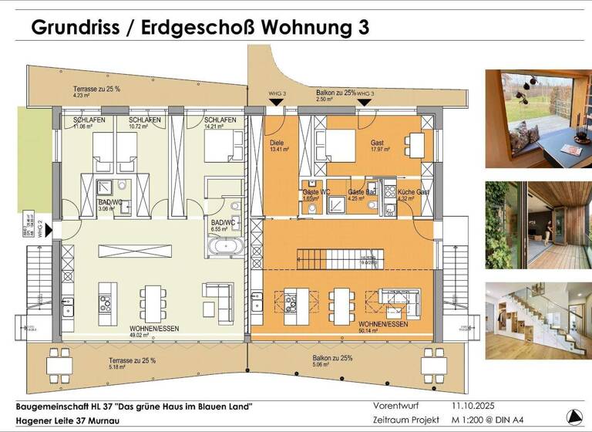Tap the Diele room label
tap(277, 143)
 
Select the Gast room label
tap(377, 143)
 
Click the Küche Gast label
tap(413, 191)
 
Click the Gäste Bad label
tap(361, 191)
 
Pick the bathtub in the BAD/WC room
tap(225, 247)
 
